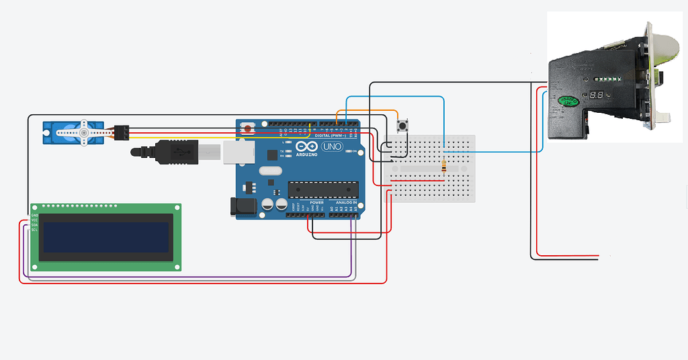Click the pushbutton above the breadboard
(404, 126)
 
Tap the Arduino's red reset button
(249, 128)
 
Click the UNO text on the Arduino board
(332, 147)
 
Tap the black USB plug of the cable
(176, 152)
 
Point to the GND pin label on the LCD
(34, 215)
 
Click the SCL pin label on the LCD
(34, 230)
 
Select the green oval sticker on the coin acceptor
(568, 101)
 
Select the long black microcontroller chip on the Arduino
(323, 189)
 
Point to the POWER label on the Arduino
(316, 202)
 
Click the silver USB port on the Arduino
(232, 152)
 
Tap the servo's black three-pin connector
(122, 132)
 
